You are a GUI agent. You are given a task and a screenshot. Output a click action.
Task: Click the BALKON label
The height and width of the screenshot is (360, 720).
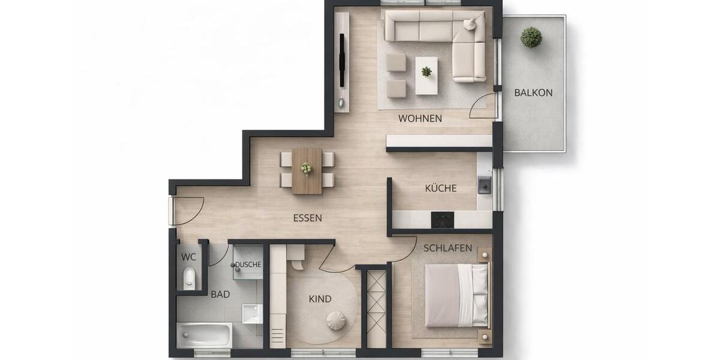(x=533, y=93)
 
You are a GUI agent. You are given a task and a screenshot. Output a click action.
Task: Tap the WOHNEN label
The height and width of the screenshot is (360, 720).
(x=420, y=119)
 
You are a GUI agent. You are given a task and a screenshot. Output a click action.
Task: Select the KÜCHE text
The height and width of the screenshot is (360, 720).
(x=441, y=188)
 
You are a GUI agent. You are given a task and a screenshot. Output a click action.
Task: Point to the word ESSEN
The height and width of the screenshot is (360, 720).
(x=307, y=218)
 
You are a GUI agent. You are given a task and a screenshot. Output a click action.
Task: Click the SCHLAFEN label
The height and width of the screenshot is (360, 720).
(x=448, y=248)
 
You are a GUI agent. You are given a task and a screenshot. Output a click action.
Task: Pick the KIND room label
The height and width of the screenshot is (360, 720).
(x=320, y=299)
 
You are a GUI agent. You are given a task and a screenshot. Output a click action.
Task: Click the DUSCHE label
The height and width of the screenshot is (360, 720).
(x=248, y=265)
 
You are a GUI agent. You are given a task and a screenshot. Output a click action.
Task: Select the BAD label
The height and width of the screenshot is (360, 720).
(x=220, y=295)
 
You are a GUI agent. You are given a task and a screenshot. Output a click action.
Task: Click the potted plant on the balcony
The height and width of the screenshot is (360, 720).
(x=531, y=37)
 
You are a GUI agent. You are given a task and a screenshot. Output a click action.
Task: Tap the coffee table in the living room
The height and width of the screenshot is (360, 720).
(x=427, y=75)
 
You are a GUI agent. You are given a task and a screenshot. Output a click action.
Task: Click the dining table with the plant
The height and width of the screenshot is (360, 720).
(x=307, y=171)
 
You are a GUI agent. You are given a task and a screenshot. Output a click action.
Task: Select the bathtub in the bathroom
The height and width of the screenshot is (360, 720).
(x=204, y=335)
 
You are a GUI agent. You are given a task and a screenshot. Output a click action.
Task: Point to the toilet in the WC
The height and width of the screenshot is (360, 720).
(x=189, y=279)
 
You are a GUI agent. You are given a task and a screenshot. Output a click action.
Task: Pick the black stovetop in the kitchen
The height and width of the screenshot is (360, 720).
(x=442, y=220)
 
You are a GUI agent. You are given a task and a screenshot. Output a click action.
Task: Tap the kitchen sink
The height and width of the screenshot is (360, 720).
(x=484, y=185)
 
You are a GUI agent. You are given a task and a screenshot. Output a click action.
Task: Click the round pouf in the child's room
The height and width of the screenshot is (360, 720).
(x=336, y=321)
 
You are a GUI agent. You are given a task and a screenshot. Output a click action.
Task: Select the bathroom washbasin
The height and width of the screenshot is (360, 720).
(x=252, y=313)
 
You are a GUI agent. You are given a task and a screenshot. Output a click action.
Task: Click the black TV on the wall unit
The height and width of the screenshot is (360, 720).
(x=342, y=61)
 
